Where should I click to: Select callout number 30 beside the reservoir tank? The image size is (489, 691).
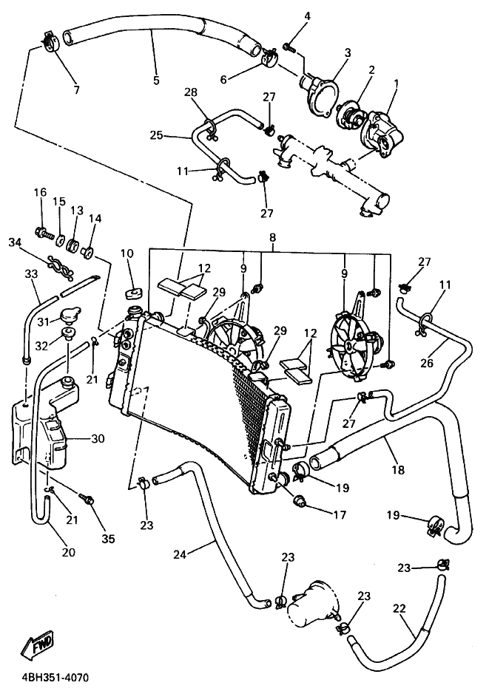pos(98,439)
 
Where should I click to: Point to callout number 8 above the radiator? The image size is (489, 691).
pos(273,237)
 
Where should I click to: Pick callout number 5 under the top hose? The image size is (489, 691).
pos(157,81)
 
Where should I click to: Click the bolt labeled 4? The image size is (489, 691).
pos(290,46)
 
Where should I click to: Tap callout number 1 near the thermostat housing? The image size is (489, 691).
pos(396,83)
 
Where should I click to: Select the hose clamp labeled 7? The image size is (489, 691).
pos(52,43)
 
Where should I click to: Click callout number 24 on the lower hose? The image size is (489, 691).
pos(180,554)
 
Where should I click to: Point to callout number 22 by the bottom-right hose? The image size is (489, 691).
pos(399,608)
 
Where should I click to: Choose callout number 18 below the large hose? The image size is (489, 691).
pos(398,470)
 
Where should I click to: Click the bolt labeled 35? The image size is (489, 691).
pos(86,499)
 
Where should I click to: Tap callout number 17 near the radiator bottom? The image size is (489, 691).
pos(340,514)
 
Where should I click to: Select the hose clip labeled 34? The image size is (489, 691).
pos(61,263)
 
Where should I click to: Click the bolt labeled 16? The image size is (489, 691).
pos(42,232)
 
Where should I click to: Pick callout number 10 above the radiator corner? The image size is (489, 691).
pos(127,253)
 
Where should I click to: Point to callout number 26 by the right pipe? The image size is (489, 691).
pos(427,363)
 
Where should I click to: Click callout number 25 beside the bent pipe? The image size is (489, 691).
pos(156,135)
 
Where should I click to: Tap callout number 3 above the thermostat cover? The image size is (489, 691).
pos(348,53)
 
